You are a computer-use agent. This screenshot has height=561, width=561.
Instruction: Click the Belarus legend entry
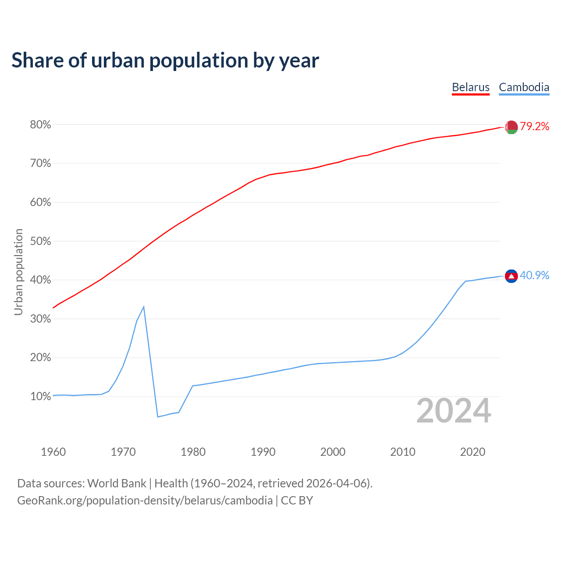[x=470, y=87]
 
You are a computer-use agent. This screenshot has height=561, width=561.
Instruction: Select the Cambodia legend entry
[x=524, y=87]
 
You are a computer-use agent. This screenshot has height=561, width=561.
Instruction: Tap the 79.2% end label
[x=535, y=127]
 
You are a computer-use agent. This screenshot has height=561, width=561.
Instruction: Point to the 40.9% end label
[x=534, y=275]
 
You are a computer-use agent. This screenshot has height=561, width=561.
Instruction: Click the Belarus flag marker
[x=511, y=127]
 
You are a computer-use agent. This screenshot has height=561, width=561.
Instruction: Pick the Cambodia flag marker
[x=511, y=276]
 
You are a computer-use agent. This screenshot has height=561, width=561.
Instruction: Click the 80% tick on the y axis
[x=40, y=125]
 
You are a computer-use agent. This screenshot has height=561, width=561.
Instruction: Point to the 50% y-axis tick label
[x=40, y=241]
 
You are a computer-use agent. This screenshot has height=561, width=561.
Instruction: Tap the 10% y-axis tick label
[x=40, y=397]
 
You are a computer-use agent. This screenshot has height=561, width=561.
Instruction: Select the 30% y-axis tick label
[x=40, y=319]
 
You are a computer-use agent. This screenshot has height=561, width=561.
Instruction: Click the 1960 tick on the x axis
[x=53, y=452]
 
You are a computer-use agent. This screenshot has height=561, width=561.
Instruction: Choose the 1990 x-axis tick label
[x=263, y=452]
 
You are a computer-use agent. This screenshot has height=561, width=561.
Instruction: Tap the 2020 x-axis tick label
[x=472, y=452]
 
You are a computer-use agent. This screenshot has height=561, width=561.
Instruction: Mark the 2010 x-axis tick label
[x=403, y=452]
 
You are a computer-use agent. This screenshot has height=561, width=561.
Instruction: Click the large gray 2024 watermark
[x=454, y=411]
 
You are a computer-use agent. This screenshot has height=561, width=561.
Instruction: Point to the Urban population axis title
[x=18, y=272]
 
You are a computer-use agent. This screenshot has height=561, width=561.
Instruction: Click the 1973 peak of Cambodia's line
[x=144, y=307]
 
